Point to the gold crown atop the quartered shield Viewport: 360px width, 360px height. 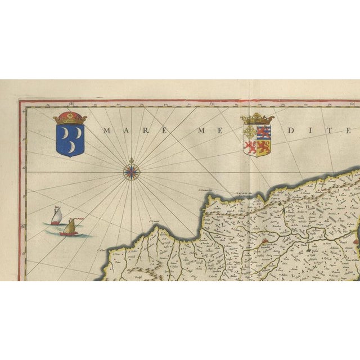[256, 119]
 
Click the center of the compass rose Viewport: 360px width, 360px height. [132, 169]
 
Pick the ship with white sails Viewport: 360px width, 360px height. [55, 216]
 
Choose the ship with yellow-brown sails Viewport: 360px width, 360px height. [69, 227]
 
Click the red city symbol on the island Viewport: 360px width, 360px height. [264, 243]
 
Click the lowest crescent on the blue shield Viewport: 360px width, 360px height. [73, 147]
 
